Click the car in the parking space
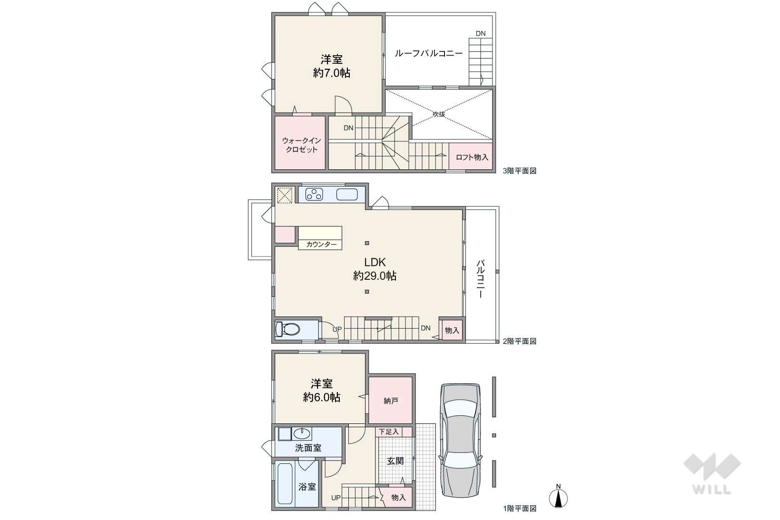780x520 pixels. pos(461,440)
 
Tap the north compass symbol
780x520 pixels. pos(558,497)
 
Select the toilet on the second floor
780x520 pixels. pos(287,329)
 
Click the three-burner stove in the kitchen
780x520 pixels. pos(314,194)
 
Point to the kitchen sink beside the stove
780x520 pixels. pos(347,194)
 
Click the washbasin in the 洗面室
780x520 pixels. pos(302,434)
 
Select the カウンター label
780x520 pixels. pos(321,245)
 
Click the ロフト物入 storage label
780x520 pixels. pos(472,157)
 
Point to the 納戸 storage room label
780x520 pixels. pos(391,401)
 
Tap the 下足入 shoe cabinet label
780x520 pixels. pos(389,432)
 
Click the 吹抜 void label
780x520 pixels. pos(439,114)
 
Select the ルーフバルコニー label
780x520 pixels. pos(429,53)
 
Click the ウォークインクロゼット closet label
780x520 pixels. pos(302,145)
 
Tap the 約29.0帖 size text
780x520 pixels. pos(375,276)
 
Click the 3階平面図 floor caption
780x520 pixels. pos(520,171)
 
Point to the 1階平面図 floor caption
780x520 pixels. pos(520,509)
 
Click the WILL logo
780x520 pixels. pos(711,474)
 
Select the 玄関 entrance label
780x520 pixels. pos(395,461)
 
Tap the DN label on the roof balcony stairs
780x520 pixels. pos(481,33)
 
